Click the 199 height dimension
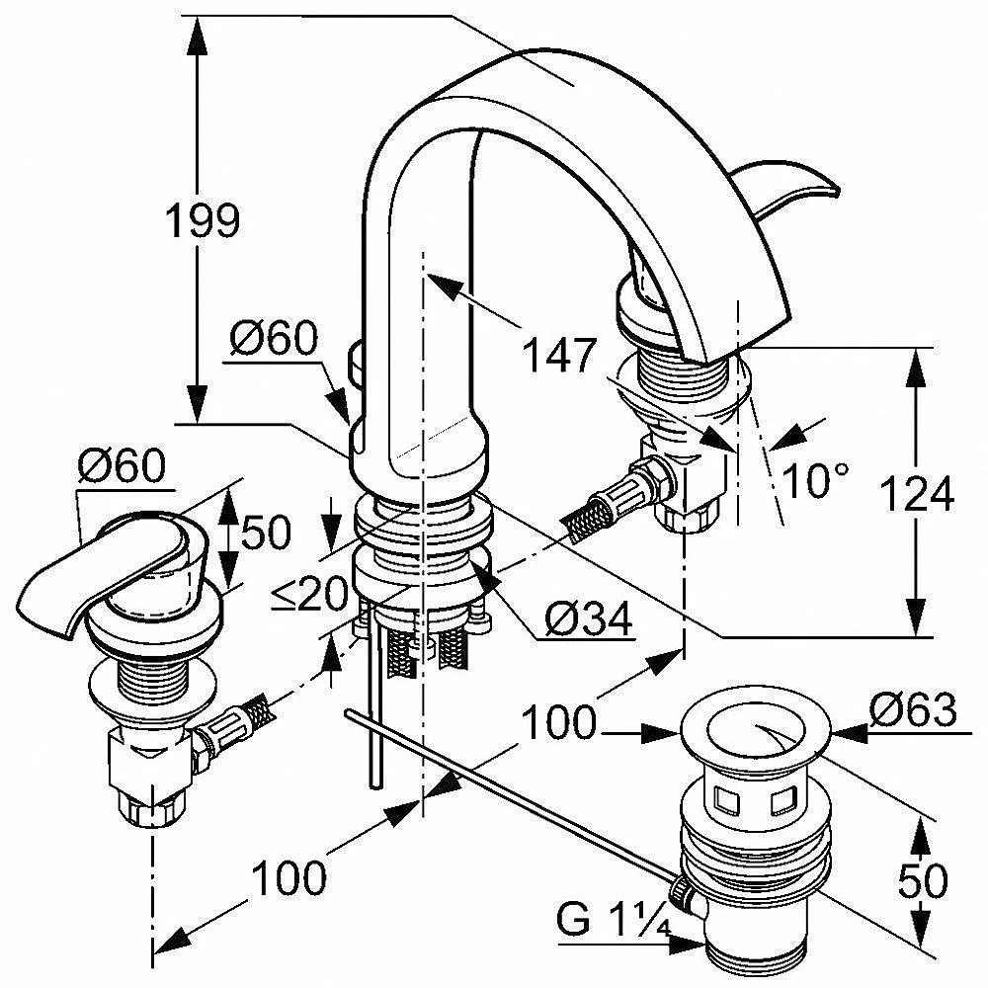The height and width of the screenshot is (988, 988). click(203, 220)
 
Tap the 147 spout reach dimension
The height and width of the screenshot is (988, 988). click(559, 356)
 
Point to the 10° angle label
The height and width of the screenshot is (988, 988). click(815, 481)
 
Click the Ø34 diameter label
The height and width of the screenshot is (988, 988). click(589, 619)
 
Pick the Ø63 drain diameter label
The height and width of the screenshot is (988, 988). click(913, 710)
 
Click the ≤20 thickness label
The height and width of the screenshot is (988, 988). click(309, 594)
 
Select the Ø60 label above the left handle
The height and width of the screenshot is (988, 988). click(123, 465)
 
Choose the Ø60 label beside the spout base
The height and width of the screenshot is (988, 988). click(274, 338)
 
